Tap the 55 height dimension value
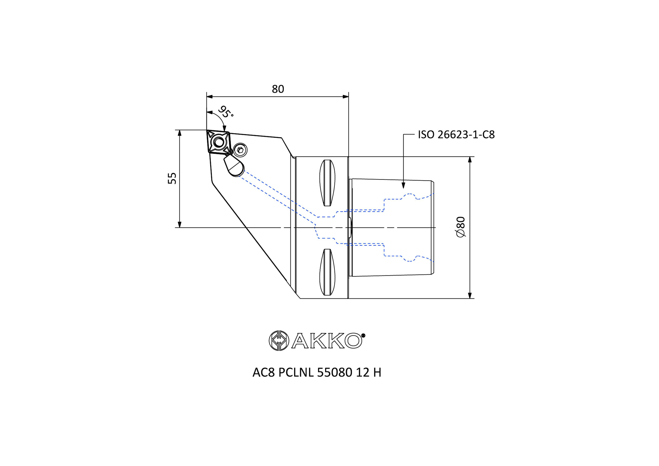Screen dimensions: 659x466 172,178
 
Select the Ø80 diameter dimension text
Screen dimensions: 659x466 460,227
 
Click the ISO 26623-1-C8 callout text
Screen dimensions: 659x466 456,135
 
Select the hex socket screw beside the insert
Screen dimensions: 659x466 240,150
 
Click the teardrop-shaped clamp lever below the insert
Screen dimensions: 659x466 234,166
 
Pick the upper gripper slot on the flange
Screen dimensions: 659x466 327,183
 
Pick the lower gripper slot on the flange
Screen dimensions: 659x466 327,272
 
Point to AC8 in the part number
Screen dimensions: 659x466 264,373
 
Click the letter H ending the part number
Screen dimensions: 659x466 377,373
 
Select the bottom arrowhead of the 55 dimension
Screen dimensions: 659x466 180,224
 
